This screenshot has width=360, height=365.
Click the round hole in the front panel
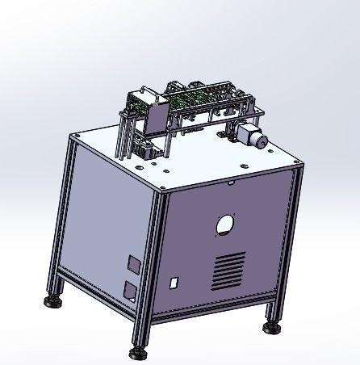point(226,222)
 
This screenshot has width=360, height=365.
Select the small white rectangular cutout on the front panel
point(173,283)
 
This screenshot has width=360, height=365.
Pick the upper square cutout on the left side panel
point(132,263)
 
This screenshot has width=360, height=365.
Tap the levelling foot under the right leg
point(271,329)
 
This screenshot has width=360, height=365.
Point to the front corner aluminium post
point(153,266)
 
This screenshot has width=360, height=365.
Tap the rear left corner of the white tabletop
point(74,136)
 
